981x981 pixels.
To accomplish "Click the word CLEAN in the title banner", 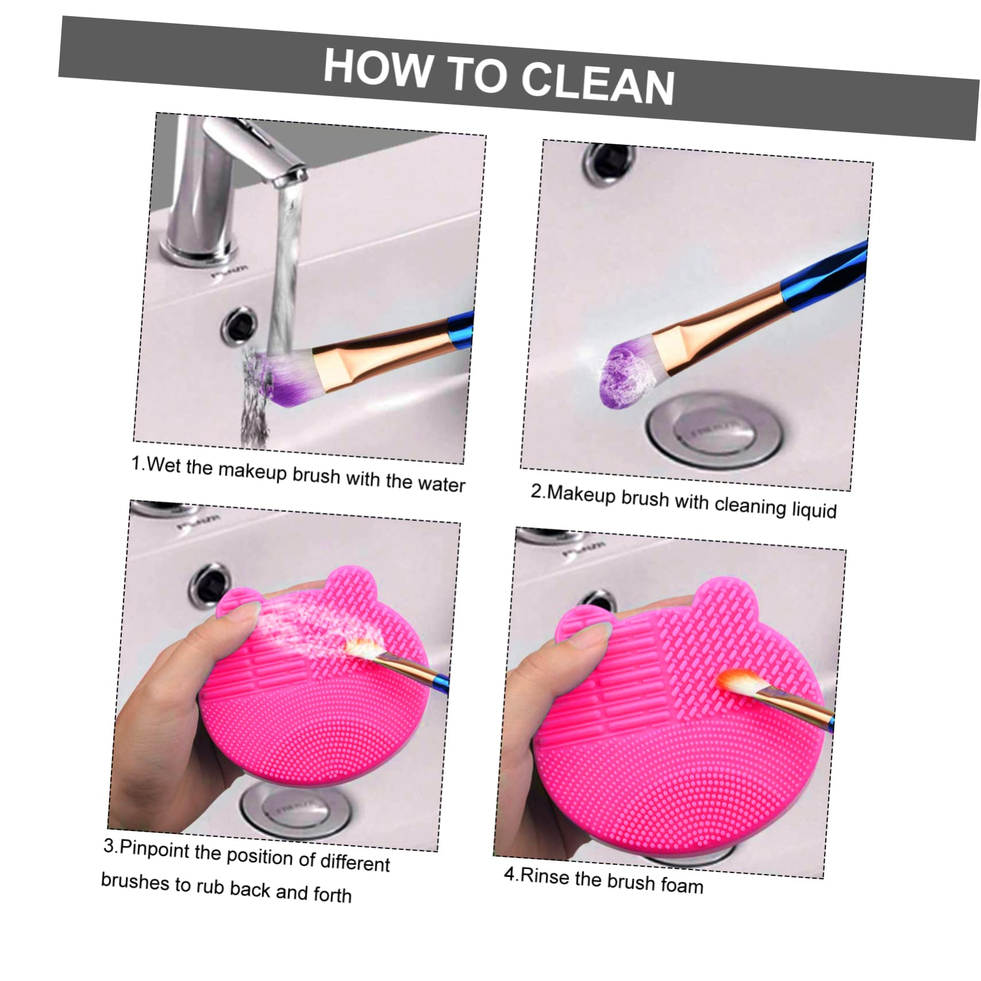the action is point(598,85).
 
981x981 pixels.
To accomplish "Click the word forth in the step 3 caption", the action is point(333,894).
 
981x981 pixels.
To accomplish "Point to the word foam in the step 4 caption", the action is point(682,885).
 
